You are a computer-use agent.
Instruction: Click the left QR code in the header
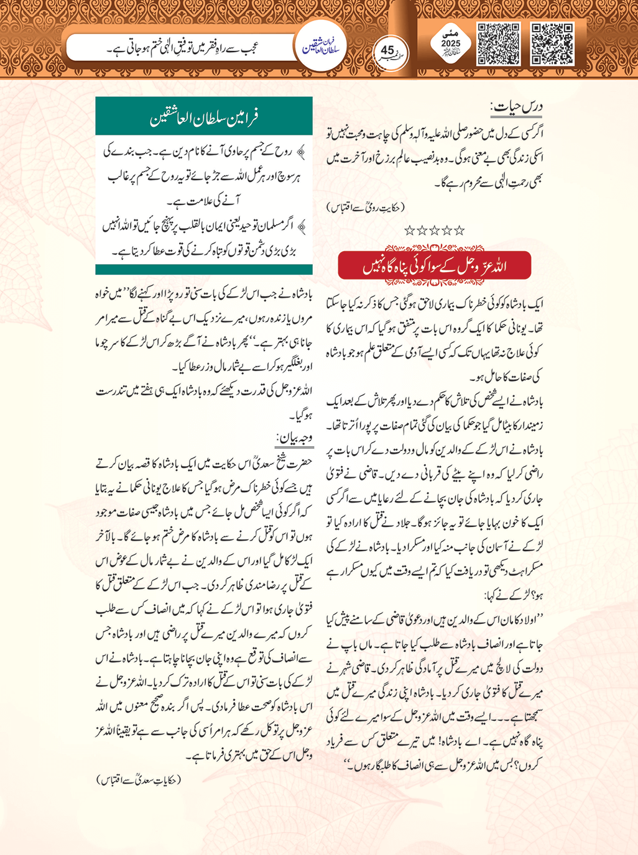498,44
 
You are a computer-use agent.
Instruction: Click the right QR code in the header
552,44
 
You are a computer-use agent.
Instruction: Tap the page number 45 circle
388,50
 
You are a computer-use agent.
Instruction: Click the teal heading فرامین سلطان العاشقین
204,116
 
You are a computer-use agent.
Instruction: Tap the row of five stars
435,231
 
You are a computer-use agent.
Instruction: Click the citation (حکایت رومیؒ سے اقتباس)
365,207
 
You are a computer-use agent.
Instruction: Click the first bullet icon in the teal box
302,151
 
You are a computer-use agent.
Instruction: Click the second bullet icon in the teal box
302,227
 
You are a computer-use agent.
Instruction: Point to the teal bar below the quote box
204,270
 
